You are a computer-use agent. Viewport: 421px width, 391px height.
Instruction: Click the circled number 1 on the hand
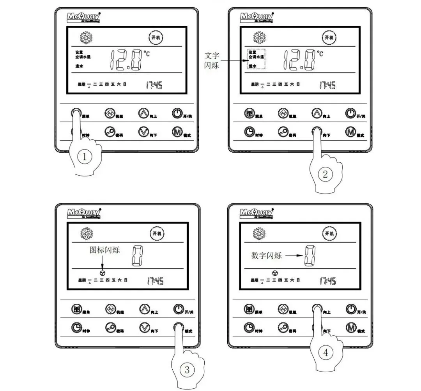pos(85,157)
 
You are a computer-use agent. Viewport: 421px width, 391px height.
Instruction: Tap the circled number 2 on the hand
pos(325,174)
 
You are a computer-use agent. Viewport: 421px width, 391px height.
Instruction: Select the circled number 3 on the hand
pos(187,370)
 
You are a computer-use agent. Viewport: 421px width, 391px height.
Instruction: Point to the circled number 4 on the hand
pos(325,353)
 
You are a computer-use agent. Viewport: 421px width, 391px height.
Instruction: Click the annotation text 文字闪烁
pos(212,60)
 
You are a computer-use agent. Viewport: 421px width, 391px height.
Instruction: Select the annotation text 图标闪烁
pos(104,250)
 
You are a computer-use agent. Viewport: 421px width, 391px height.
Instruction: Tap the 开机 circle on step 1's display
pos(156,38)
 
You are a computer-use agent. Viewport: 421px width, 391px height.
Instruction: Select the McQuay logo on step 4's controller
pos(256,213)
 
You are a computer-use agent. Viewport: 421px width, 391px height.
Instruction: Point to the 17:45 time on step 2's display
pos(327,85)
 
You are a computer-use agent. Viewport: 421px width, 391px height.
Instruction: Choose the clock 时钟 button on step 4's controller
pos(249,328)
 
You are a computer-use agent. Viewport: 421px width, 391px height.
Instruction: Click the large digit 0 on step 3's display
pos(137,255)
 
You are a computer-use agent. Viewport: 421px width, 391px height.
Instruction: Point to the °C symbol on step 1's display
pos(146,54)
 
